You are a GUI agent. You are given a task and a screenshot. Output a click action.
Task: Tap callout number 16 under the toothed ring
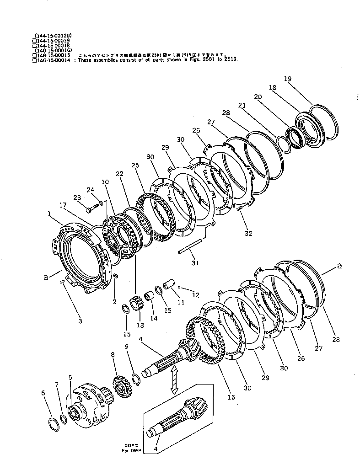pyautogui.click(x=231, y=398)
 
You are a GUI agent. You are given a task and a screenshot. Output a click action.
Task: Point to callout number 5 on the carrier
pyautogui.click(x=70, y=377)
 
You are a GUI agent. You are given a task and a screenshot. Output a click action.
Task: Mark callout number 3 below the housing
pyautogui.click(x=80, y=321)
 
